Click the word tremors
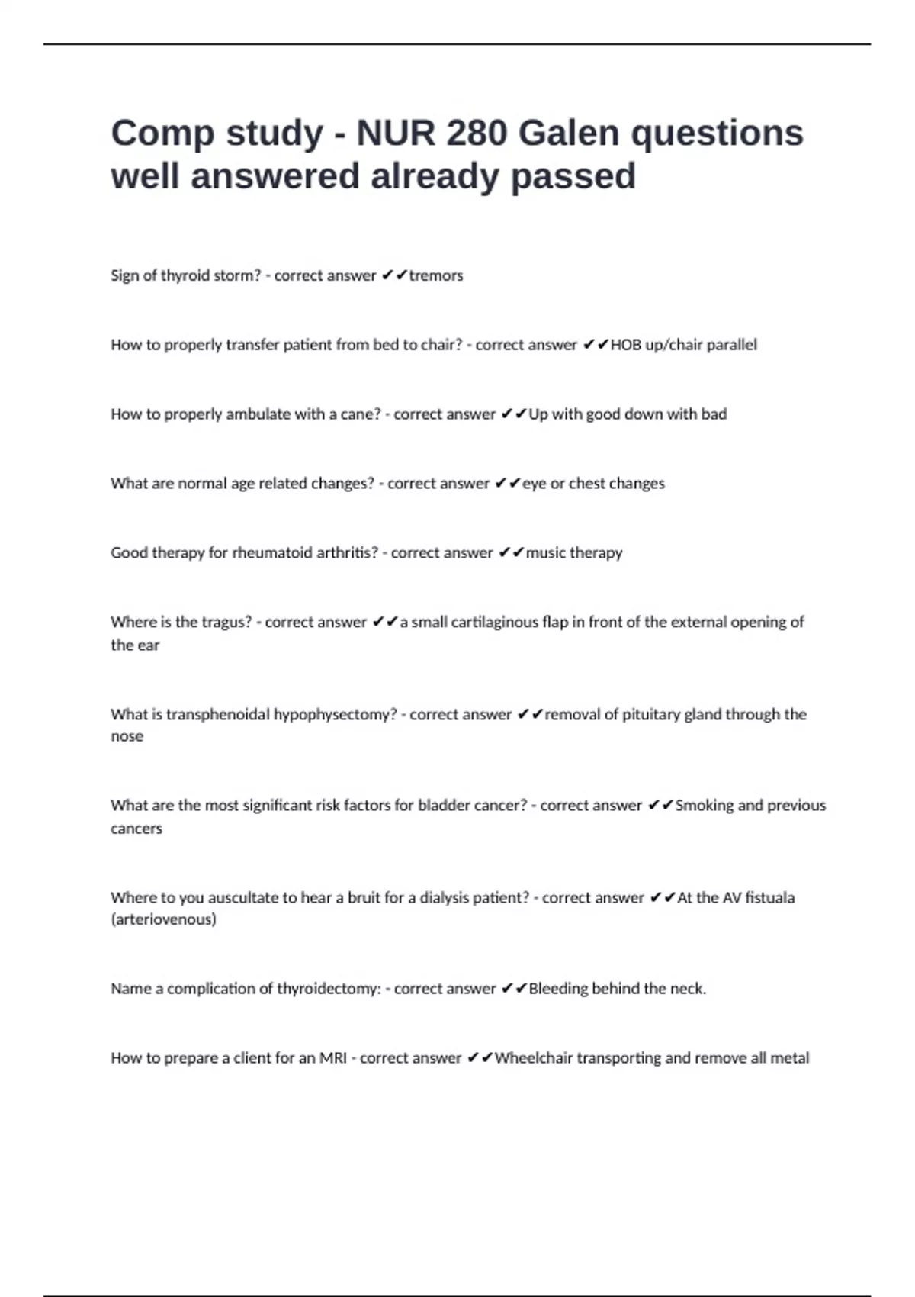pos(436,275)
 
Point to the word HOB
pos(626,345)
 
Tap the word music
pos(546,552)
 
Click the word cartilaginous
pos(495,622)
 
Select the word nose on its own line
pos(127,736)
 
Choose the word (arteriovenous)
pos(163,919)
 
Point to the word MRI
pos(332,1058)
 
